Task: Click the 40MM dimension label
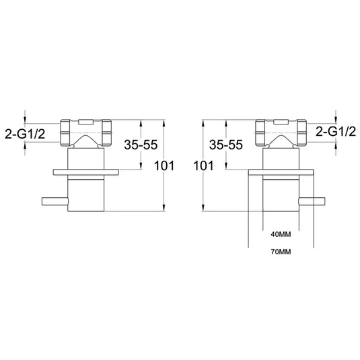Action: click(281, 234)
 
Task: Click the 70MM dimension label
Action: click(281, 252)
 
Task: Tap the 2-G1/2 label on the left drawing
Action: click(25, 134)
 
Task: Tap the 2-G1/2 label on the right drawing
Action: click(336, 132)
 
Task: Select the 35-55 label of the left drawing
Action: click(141, 145)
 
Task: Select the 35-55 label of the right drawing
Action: click(226, 145)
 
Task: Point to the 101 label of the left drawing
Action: click(164, 166)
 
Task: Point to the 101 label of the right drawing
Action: click(203, 166)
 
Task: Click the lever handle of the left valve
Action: click(55, 201)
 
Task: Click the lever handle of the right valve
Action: click(312, 201)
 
